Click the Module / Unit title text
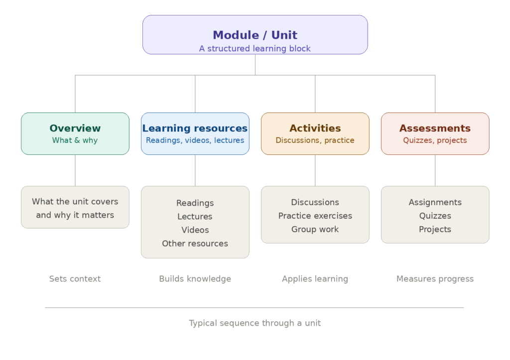point(255,35)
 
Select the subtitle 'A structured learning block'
point(255,48)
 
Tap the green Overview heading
point(75,128)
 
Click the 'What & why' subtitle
point(75,140)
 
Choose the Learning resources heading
point(195,128)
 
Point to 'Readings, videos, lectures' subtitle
point(195,140)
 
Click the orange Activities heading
point(315,128)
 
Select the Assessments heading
point(435,128)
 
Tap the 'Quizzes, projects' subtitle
point(435,140)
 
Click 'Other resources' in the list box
point(195,243)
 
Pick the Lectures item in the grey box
point(195,217)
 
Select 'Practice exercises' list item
point(315,216)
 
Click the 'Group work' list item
point(315,229)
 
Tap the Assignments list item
point(435,202)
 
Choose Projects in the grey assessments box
point(435,229)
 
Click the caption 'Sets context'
point(75,279)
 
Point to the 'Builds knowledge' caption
point(195,279)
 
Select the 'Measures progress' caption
point(435,279)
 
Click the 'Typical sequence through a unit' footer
point(255,323)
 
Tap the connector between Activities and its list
point(315,170)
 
